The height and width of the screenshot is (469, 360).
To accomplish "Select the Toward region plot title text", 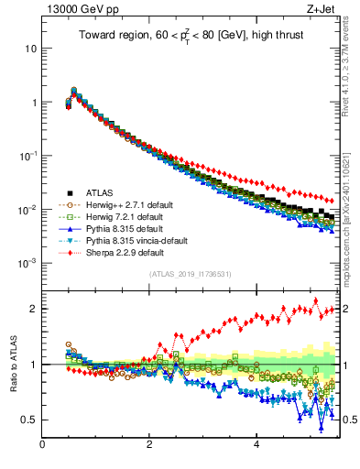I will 190,38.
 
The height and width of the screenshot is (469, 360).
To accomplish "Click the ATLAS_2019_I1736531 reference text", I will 190,274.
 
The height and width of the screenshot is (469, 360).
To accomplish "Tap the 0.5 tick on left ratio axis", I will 27,420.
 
